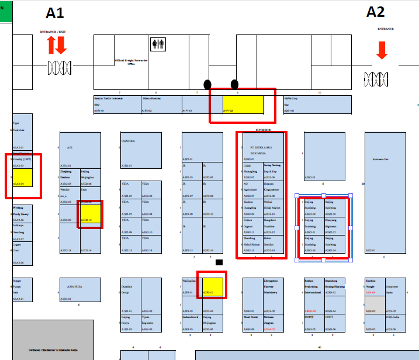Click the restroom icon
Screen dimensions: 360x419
[x=158, y=44]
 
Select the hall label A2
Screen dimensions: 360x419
[x=375, y=11]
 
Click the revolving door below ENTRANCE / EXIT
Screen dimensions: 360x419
[x=58, y=66]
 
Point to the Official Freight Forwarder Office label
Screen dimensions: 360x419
[x=131, y=61]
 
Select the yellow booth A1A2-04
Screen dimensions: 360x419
[x=23, y=177]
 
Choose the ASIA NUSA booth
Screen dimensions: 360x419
[x=76, y=289]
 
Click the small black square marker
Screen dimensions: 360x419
[x=219, y=262]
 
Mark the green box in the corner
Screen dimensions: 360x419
[x=5, y=10]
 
